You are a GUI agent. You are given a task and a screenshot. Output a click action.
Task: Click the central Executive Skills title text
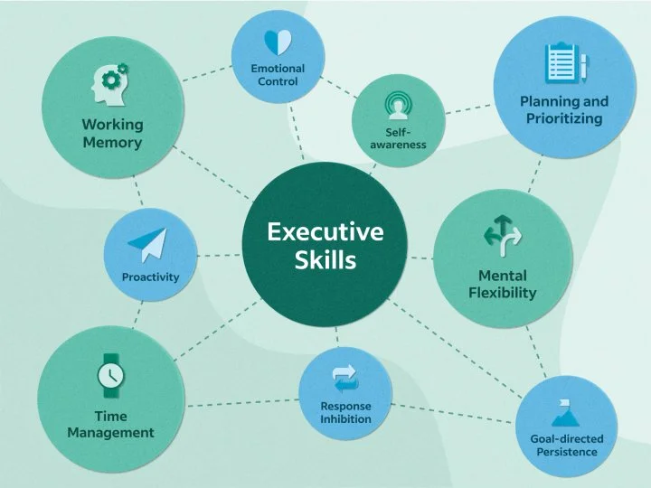tap(325, 246)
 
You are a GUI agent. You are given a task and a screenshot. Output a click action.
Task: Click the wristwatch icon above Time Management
tap(110, 375)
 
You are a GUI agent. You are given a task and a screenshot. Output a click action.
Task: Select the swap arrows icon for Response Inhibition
tap(345, 377)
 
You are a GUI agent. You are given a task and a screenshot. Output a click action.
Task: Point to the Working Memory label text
tap(112, 133)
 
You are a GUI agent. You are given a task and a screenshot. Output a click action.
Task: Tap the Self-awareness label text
tap(398, 138)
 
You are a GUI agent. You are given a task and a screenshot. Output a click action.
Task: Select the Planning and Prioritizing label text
tap(564, 109)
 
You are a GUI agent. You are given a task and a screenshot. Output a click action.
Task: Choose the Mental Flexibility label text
tap(503, 283)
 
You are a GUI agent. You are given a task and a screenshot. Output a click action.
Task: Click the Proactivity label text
tap(150, 277)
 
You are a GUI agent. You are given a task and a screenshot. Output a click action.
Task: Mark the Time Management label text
tap(110, 424)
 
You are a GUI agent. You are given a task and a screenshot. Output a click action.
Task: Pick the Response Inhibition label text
tap(345, 412)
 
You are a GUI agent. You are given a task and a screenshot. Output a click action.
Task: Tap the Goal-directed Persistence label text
tap(566, 445)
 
